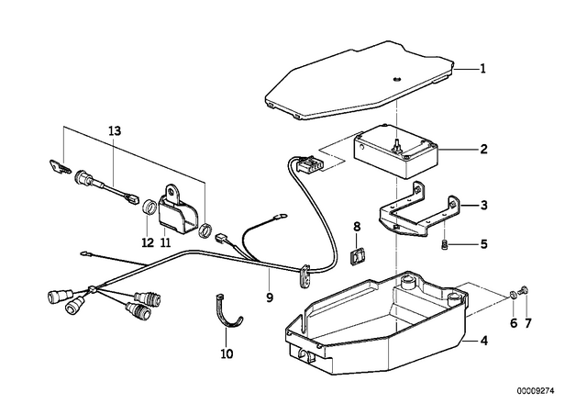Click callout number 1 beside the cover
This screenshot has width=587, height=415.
point(483,69)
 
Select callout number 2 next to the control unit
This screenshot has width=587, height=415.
point(483,150)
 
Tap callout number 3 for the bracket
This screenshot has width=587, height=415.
point(483,206)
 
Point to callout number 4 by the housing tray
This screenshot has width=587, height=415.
point(483,342)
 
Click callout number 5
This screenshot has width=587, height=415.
point(483,244)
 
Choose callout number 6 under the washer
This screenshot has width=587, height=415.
point(514,323)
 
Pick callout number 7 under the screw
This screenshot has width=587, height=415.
point(527,323)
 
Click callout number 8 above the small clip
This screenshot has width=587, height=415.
point(357,227)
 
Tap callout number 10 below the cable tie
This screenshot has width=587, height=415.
point(227,353)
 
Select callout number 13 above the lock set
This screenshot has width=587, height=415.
point(115,131)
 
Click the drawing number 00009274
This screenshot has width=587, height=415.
point(536,391)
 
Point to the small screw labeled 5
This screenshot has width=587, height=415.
point(444,245)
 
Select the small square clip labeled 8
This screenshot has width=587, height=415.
point(357,256)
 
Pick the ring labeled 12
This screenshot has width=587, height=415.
point(150,207)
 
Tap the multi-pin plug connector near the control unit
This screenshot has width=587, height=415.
point(308,165)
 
